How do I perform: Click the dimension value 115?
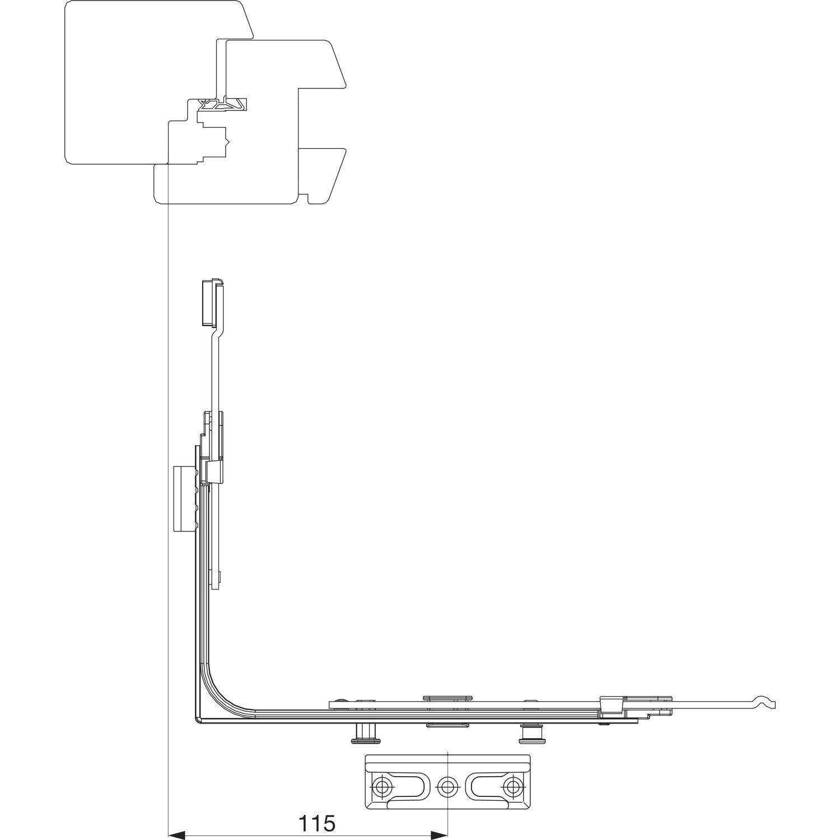(x=316, y=823)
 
